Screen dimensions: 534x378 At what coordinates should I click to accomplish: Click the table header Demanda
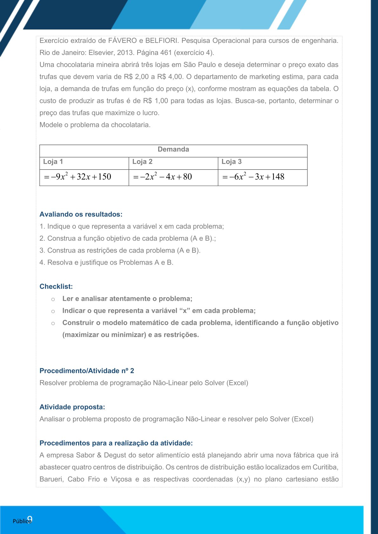(x=173, y=149)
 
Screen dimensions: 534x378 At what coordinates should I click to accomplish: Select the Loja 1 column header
(x=53, y=162)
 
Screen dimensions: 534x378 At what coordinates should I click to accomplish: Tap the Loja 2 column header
(x=142, y=162)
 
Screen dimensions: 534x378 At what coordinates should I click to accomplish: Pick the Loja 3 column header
(x=232, y=162)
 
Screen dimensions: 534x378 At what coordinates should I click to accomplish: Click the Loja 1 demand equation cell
(x=78, y=177)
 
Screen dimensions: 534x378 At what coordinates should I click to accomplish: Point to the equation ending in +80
(x=162, y=177)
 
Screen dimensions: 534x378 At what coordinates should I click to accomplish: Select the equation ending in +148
(x=253, y=177)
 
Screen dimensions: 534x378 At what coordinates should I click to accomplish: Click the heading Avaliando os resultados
(x=81, y=214)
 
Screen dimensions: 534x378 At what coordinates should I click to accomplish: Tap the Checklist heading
(x=56, y=287)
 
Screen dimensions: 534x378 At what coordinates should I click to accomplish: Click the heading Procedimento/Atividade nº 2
(x=87, y=371)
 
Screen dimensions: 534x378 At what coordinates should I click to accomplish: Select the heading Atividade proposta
(x=72, y=407)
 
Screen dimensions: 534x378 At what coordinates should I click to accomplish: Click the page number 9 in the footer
(x=30, y=519)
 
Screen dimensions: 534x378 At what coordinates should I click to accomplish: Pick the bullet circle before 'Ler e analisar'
(x=53, y=299)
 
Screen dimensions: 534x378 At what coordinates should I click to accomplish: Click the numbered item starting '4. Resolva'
(x=106, y=263)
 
